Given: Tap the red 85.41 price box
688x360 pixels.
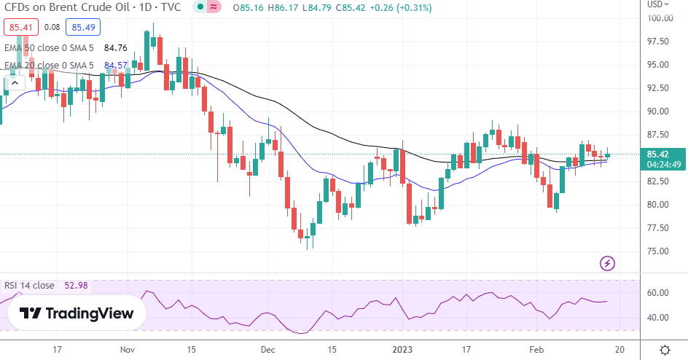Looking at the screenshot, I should click(x=16, y=28).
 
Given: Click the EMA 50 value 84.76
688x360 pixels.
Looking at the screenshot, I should click(x=116, y=49).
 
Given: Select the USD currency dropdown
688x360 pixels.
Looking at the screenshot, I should click(x=656, y=4).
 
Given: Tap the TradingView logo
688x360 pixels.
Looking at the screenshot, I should click(x=77, y=313).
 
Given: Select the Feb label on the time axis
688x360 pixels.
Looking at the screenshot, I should click(x=536, y=350).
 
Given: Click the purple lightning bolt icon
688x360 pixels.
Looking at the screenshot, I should click(x=607, y=262).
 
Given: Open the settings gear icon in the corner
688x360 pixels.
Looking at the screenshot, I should click(x=664, y=350).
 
